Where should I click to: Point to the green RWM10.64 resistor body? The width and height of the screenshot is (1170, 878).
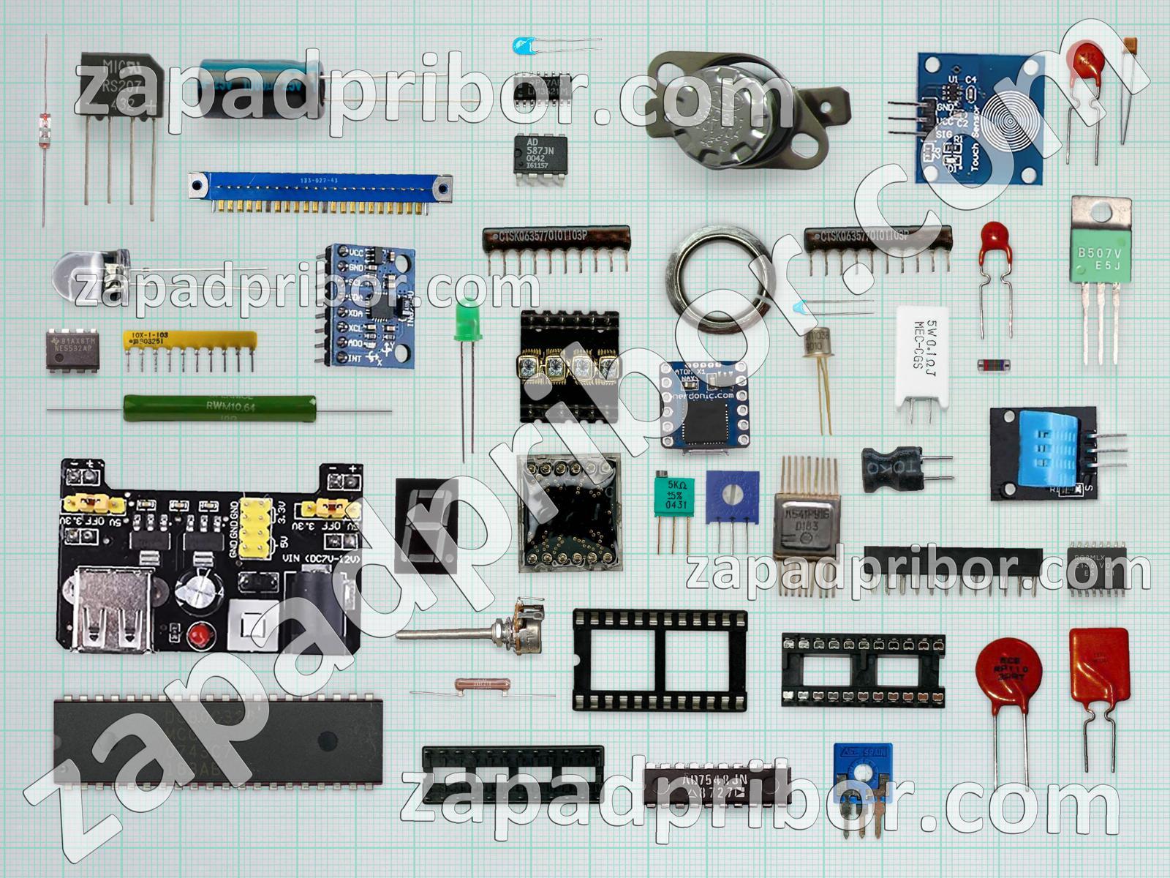point(219,408)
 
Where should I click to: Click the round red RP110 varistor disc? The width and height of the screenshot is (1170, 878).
point(1012,669)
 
